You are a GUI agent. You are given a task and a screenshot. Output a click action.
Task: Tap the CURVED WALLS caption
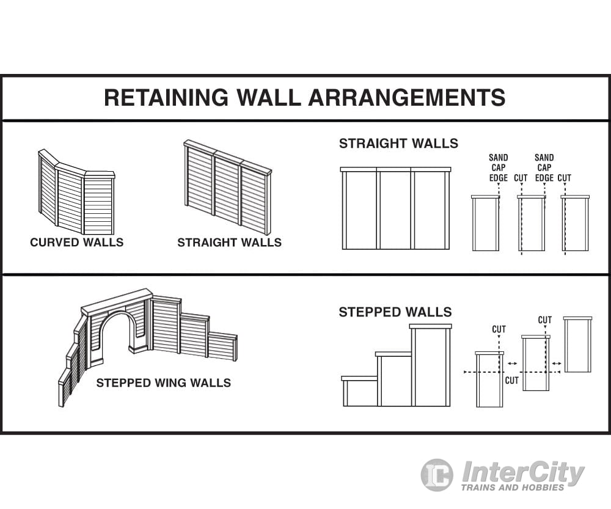point(76,243)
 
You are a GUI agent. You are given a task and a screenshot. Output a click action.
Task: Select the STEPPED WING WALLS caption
point(163,383)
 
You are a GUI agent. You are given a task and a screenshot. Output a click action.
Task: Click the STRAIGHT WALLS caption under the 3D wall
point(229,243)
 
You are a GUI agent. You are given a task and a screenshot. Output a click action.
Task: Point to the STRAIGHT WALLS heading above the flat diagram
point(398,144)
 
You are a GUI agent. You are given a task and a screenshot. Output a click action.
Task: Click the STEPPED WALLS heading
point(395,312)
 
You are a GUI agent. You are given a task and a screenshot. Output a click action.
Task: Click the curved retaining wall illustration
point(76,196)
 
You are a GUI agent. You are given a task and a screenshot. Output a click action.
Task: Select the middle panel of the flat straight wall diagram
point(394,210)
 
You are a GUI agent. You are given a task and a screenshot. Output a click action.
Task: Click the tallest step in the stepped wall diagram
point(431,367)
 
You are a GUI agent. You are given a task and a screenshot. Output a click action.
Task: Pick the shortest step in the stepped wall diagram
point(359,392)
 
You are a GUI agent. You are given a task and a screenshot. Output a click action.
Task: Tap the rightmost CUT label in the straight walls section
point(565,178)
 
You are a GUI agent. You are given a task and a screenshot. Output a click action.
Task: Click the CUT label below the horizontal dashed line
point(512,381)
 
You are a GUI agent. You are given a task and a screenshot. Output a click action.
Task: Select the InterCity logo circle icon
point(437,474)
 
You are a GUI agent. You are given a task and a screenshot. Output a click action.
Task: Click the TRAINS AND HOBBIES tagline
point(512,488)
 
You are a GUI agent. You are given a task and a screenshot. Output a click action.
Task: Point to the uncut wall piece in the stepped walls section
point(577,345)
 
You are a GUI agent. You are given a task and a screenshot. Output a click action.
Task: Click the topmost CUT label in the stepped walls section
point(544,320)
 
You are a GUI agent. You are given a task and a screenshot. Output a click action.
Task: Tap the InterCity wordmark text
point(522,472)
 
